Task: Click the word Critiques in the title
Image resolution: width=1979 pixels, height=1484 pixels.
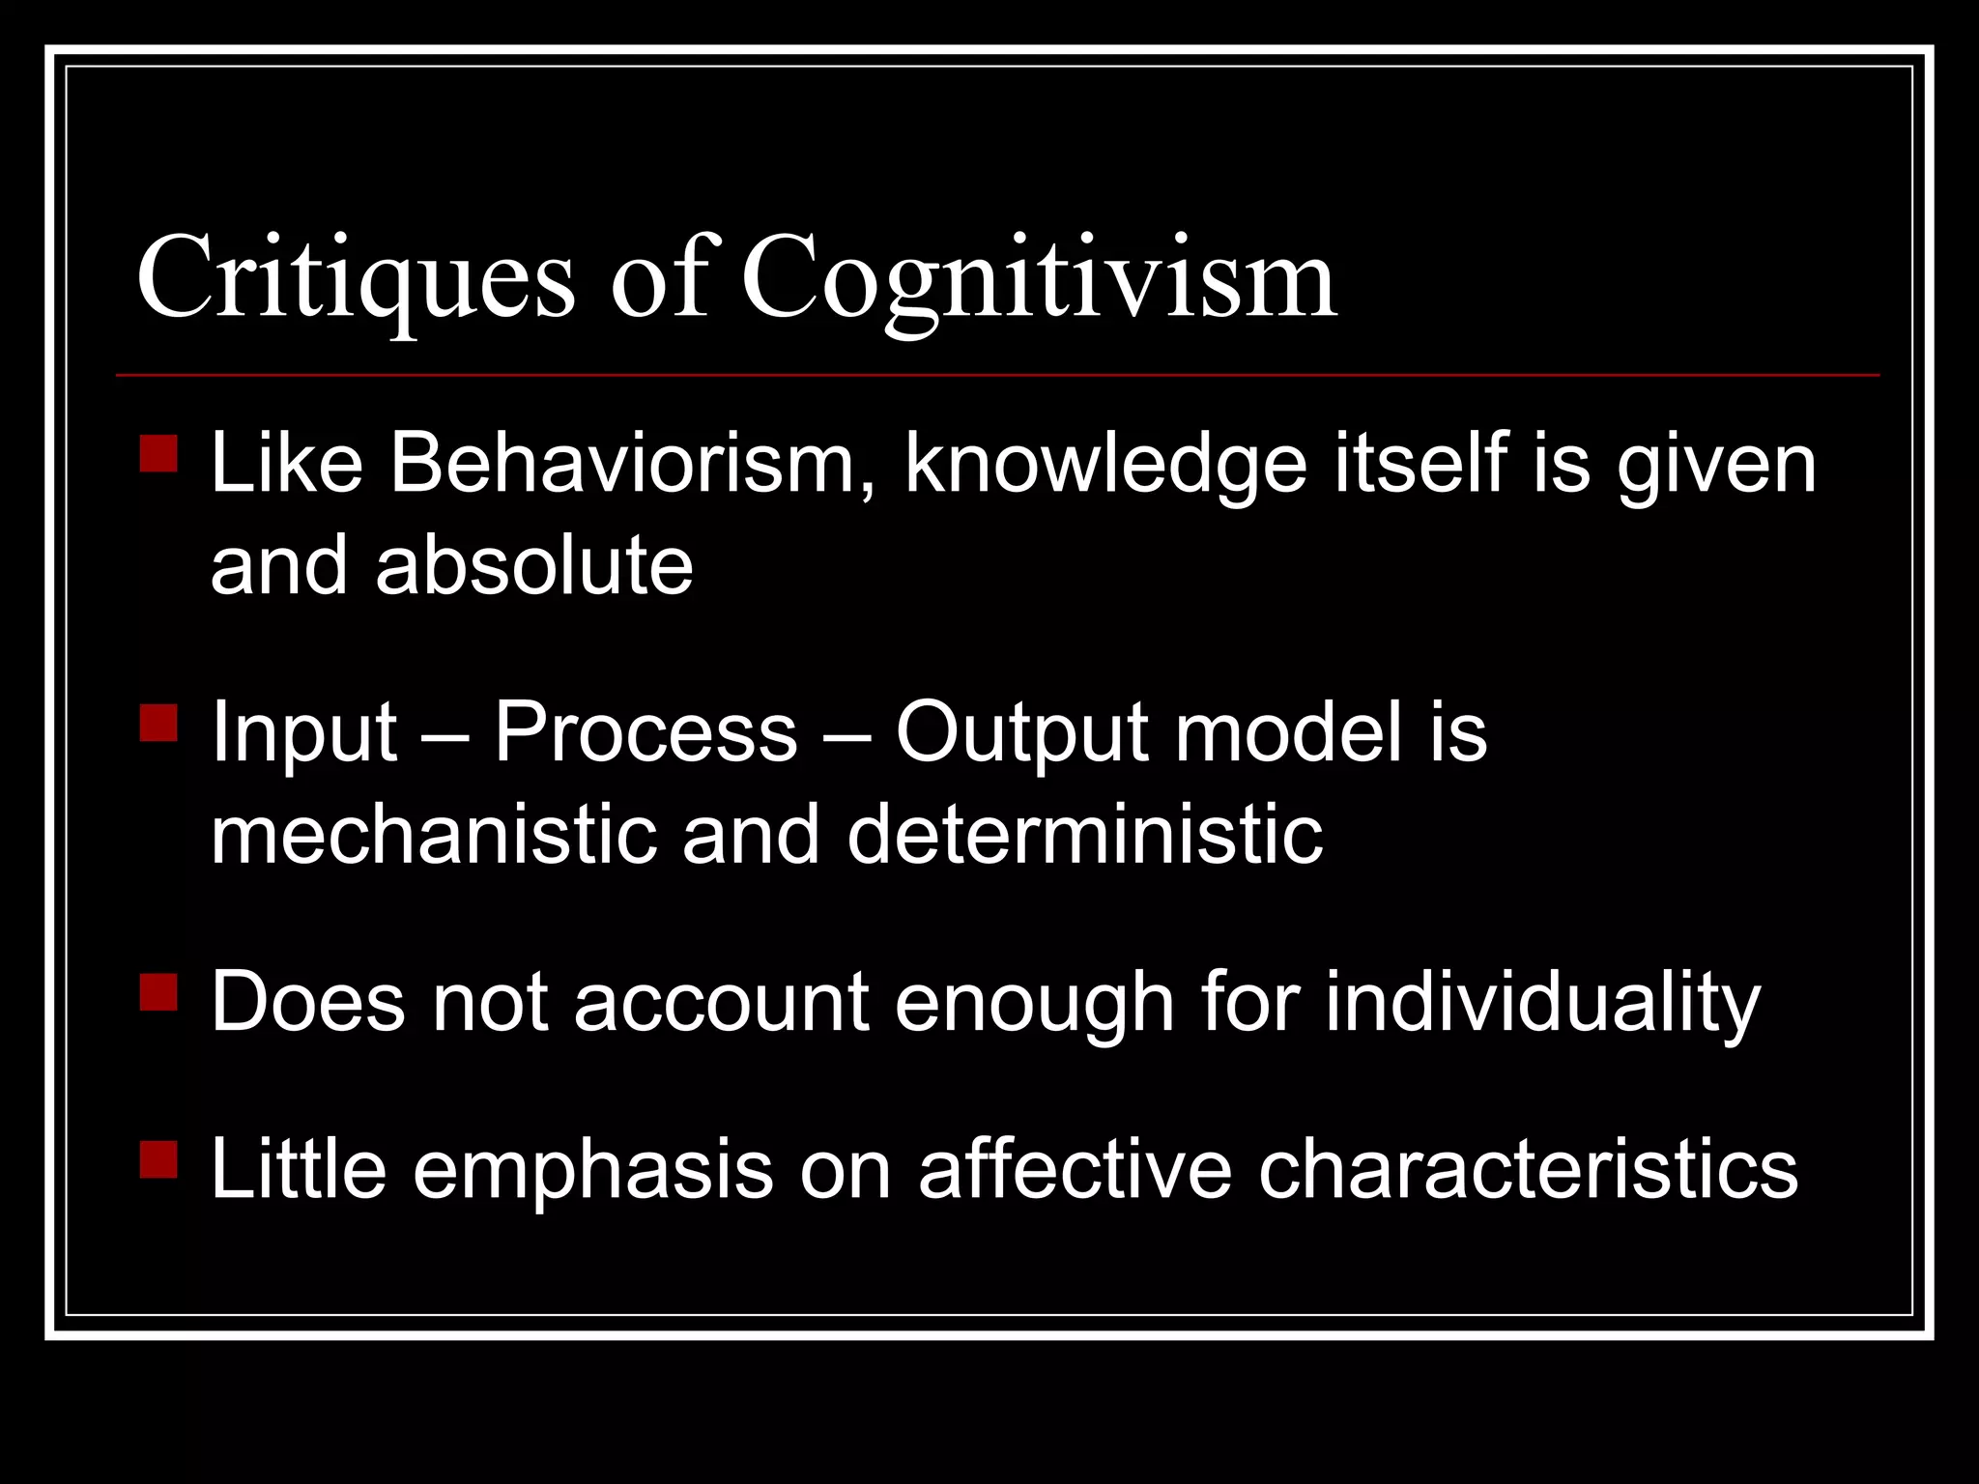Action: point(356,280)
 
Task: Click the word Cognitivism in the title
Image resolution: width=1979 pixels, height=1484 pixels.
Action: point(1039,280)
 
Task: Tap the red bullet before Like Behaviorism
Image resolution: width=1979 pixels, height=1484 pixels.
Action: point(158,454)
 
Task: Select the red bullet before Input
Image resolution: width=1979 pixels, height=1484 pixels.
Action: point(158,723)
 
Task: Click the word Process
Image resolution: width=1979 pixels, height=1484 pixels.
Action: point(645,732)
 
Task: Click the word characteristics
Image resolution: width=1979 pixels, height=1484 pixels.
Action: point(1528,1169)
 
